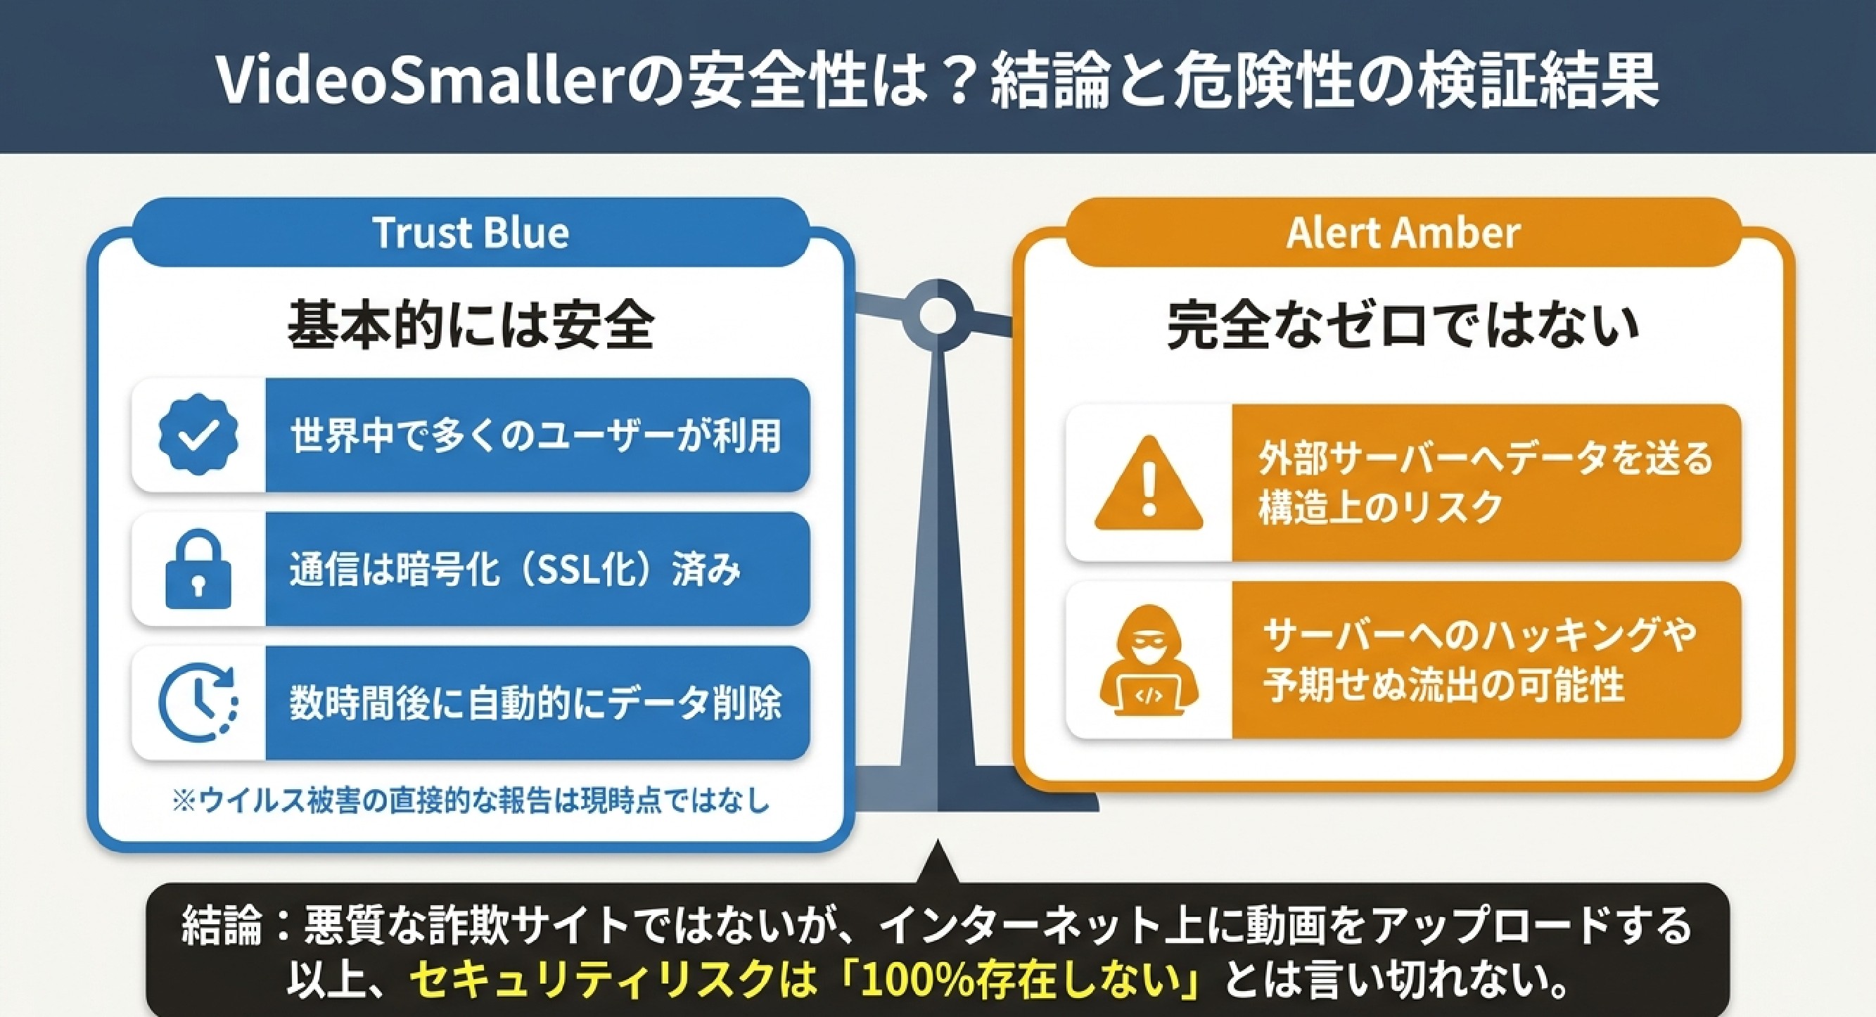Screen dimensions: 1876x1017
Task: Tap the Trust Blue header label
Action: coord(471,233)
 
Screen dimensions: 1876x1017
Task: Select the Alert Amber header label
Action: coord(1403,233)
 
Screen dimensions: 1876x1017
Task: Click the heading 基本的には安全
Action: coord(471,326)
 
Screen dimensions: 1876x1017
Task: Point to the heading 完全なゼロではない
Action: coord(1403,326)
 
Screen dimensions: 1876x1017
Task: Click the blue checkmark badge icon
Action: coord(198,435)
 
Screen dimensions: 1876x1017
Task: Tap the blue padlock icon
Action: coord(198,569)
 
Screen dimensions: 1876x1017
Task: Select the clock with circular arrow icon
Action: coord(198,703)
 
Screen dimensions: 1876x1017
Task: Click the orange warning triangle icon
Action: coord(1149,482)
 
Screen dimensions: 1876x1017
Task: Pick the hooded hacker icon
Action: coord(1149,660)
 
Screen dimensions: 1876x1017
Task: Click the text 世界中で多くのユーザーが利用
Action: coord(536,435)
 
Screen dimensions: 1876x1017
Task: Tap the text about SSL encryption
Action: coord(516,569)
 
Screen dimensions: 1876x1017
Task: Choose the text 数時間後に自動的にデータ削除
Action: coord(536,703)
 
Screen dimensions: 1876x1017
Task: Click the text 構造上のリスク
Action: coord(1381,506)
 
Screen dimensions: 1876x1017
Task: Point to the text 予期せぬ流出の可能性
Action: coord(1443,685)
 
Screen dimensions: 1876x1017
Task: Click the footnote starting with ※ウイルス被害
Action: coord(471,801)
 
